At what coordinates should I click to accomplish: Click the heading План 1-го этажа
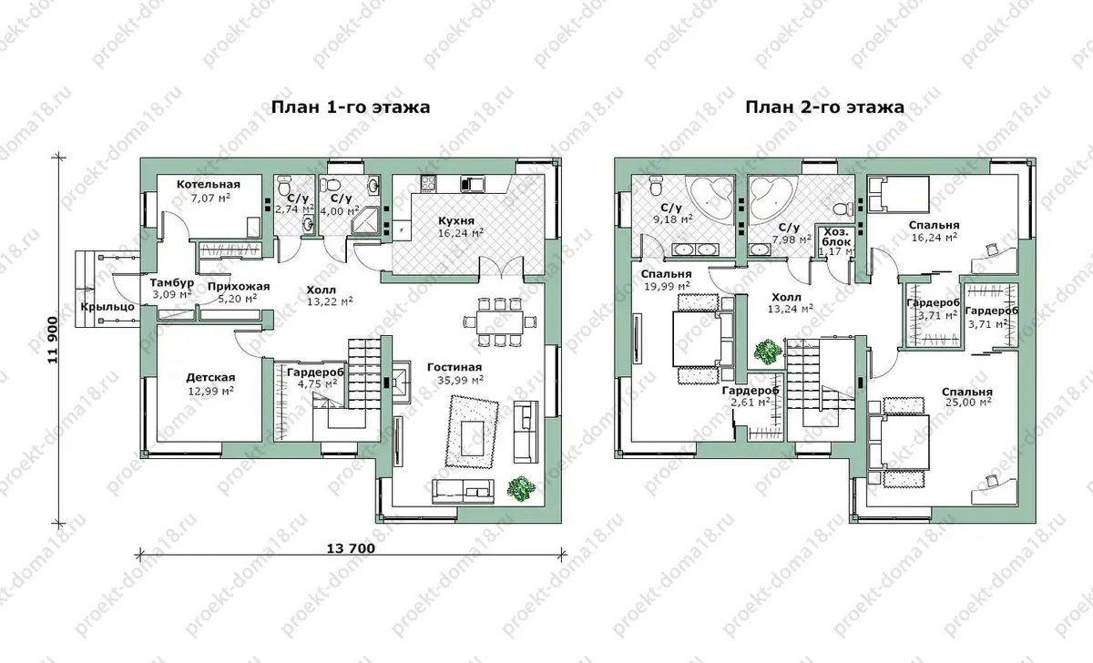[351, 107]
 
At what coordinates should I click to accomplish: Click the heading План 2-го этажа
[824, 107]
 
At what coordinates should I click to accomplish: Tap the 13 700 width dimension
[351, 548]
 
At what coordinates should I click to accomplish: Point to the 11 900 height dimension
[53, 340]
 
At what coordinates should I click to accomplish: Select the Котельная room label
[209, 184]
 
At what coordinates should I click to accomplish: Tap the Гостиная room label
[455, 367]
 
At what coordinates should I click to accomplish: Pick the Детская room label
[210, 378]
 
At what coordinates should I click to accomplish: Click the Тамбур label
[172, 283]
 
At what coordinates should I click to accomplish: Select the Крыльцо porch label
[107, 307]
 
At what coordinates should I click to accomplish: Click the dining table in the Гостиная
[500, 322]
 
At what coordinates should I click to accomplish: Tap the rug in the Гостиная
[472, 433]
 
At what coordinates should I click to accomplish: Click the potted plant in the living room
[521, 488]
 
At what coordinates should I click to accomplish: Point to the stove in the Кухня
[428, 183]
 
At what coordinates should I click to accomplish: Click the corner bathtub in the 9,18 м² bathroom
[709, 200]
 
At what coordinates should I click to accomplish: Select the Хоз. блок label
[836, 237]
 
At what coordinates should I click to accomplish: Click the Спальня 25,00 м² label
[967, 397]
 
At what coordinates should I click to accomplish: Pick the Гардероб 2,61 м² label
[751, 397]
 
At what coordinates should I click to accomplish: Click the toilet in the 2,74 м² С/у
[284, 186]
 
